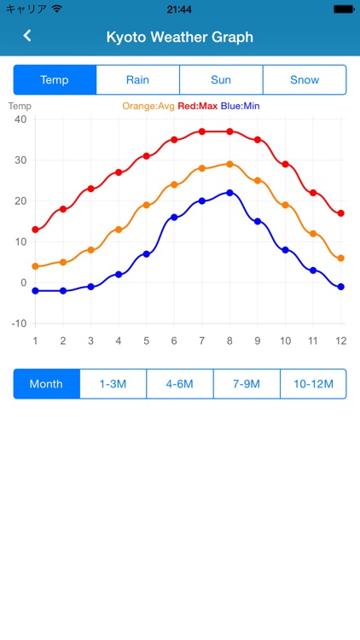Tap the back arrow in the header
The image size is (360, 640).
[x=27, y=37]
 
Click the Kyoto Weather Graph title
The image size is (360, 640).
[x=179, y=38]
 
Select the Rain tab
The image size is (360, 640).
[x=137, y=80]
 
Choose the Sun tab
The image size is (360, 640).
[x=221, y=80]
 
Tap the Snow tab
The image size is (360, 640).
[x=305, y=80]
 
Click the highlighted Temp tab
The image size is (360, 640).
[x=55, y=80]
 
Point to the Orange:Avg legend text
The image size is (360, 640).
[x=148, y=107]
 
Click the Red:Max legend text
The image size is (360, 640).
[x=198, y=107]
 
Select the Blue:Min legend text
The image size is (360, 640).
[x=241, y=107]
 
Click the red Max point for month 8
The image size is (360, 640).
[x=229, y=131]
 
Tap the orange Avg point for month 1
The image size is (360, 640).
[x=35, y=266]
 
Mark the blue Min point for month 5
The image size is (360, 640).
[x=146, y=254]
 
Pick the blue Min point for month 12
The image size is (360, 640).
[x=341, y=287]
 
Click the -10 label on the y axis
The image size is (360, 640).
[x=18, y=323]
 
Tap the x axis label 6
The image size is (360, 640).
[x=174, y=341]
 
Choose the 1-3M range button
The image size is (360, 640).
[x=113, y=384]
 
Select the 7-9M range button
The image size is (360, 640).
[x=247, y=384]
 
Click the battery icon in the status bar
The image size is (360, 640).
[x=342, y=9]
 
